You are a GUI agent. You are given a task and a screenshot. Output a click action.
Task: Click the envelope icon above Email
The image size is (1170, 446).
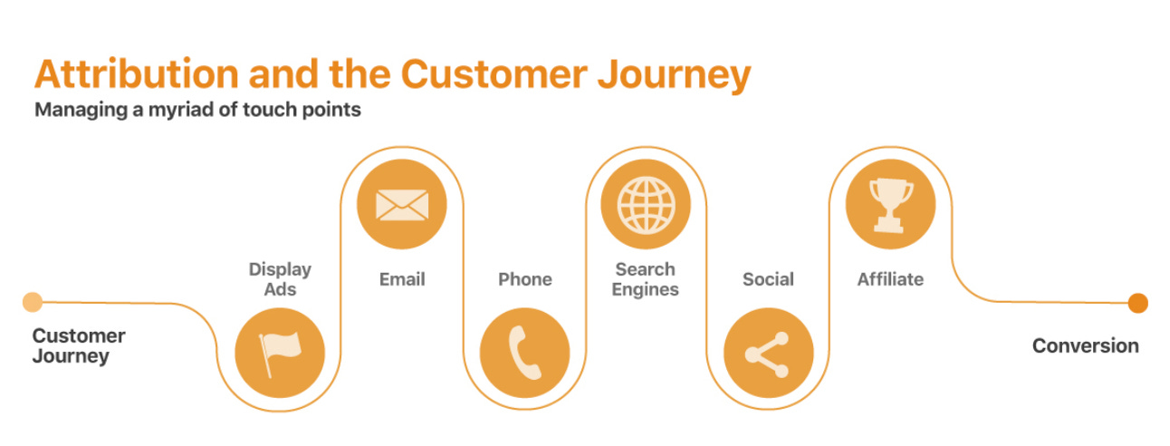tap(401, 204)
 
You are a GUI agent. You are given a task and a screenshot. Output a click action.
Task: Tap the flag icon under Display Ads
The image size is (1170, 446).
tap(280, 353)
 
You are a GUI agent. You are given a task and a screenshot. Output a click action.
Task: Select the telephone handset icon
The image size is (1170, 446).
tap(524, 353)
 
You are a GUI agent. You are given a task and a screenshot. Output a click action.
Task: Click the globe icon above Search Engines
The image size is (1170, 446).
tap(646, 204)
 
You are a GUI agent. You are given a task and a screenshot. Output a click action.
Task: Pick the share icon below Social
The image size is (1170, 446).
tap(768, 353)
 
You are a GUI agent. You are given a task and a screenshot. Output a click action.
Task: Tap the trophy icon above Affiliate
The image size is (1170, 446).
tap(890, 204)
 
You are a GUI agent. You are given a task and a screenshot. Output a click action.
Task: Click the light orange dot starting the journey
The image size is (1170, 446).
tap(33, 302)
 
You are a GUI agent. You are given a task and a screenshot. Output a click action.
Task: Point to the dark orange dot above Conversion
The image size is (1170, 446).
tap(1137, 303)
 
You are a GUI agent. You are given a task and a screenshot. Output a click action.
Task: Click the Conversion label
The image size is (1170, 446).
tap(1085, 345)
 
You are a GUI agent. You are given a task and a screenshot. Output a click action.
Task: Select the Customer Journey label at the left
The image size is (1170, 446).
tap(79, 345)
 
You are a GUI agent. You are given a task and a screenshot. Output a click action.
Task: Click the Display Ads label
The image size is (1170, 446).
tap(280, 279)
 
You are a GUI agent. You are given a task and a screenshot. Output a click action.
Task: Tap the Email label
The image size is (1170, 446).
tap(402, 279)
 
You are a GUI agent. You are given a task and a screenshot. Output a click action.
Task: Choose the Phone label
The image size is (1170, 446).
tap(524, 279)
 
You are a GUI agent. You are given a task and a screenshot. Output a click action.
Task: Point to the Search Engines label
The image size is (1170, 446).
tap(646, 279)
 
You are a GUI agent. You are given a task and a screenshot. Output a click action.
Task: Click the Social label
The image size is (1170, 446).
tap(768, 279)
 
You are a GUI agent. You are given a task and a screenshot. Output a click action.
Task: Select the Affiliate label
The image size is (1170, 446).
tap(890, 279)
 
